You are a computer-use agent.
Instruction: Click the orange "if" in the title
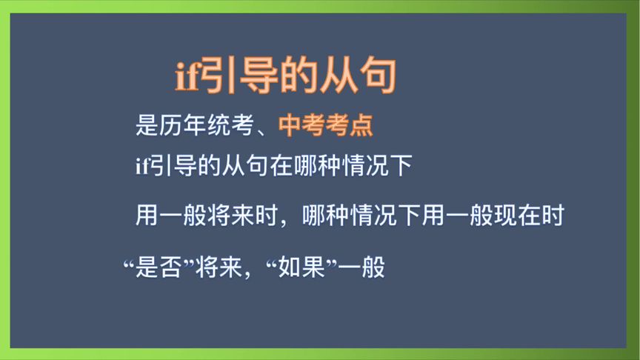point(187,78)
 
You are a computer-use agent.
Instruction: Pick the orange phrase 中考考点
point(325,126)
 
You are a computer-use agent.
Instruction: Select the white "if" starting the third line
point(141,167)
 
